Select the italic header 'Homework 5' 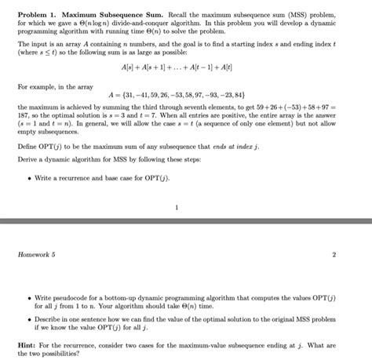tap(36, 254)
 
